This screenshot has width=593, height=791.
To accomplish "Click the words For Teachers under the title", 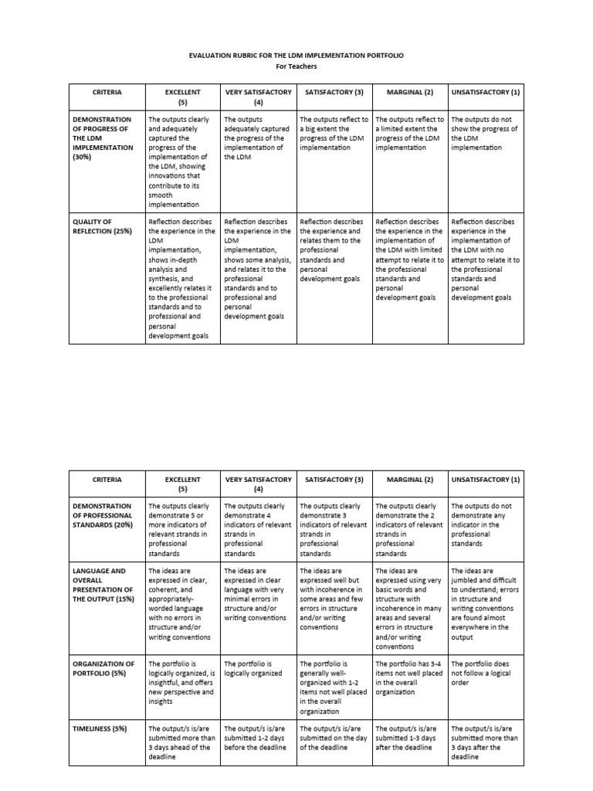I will pos(296,66).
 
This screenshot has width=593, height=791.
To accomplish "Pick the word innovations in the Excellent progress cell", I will pos(166,175).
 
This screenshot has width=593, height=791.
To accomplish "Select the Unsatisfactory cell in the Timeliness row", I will pos(484,742).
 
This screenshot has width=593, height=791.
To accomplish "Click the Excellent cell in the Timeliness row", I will pos(182,742).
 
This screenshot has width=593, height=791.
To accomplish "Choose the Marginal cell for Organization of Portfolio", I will pos(409,677).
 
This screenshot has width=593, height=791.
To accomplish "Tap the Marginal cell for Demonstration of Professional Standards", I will pos(409,529).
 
